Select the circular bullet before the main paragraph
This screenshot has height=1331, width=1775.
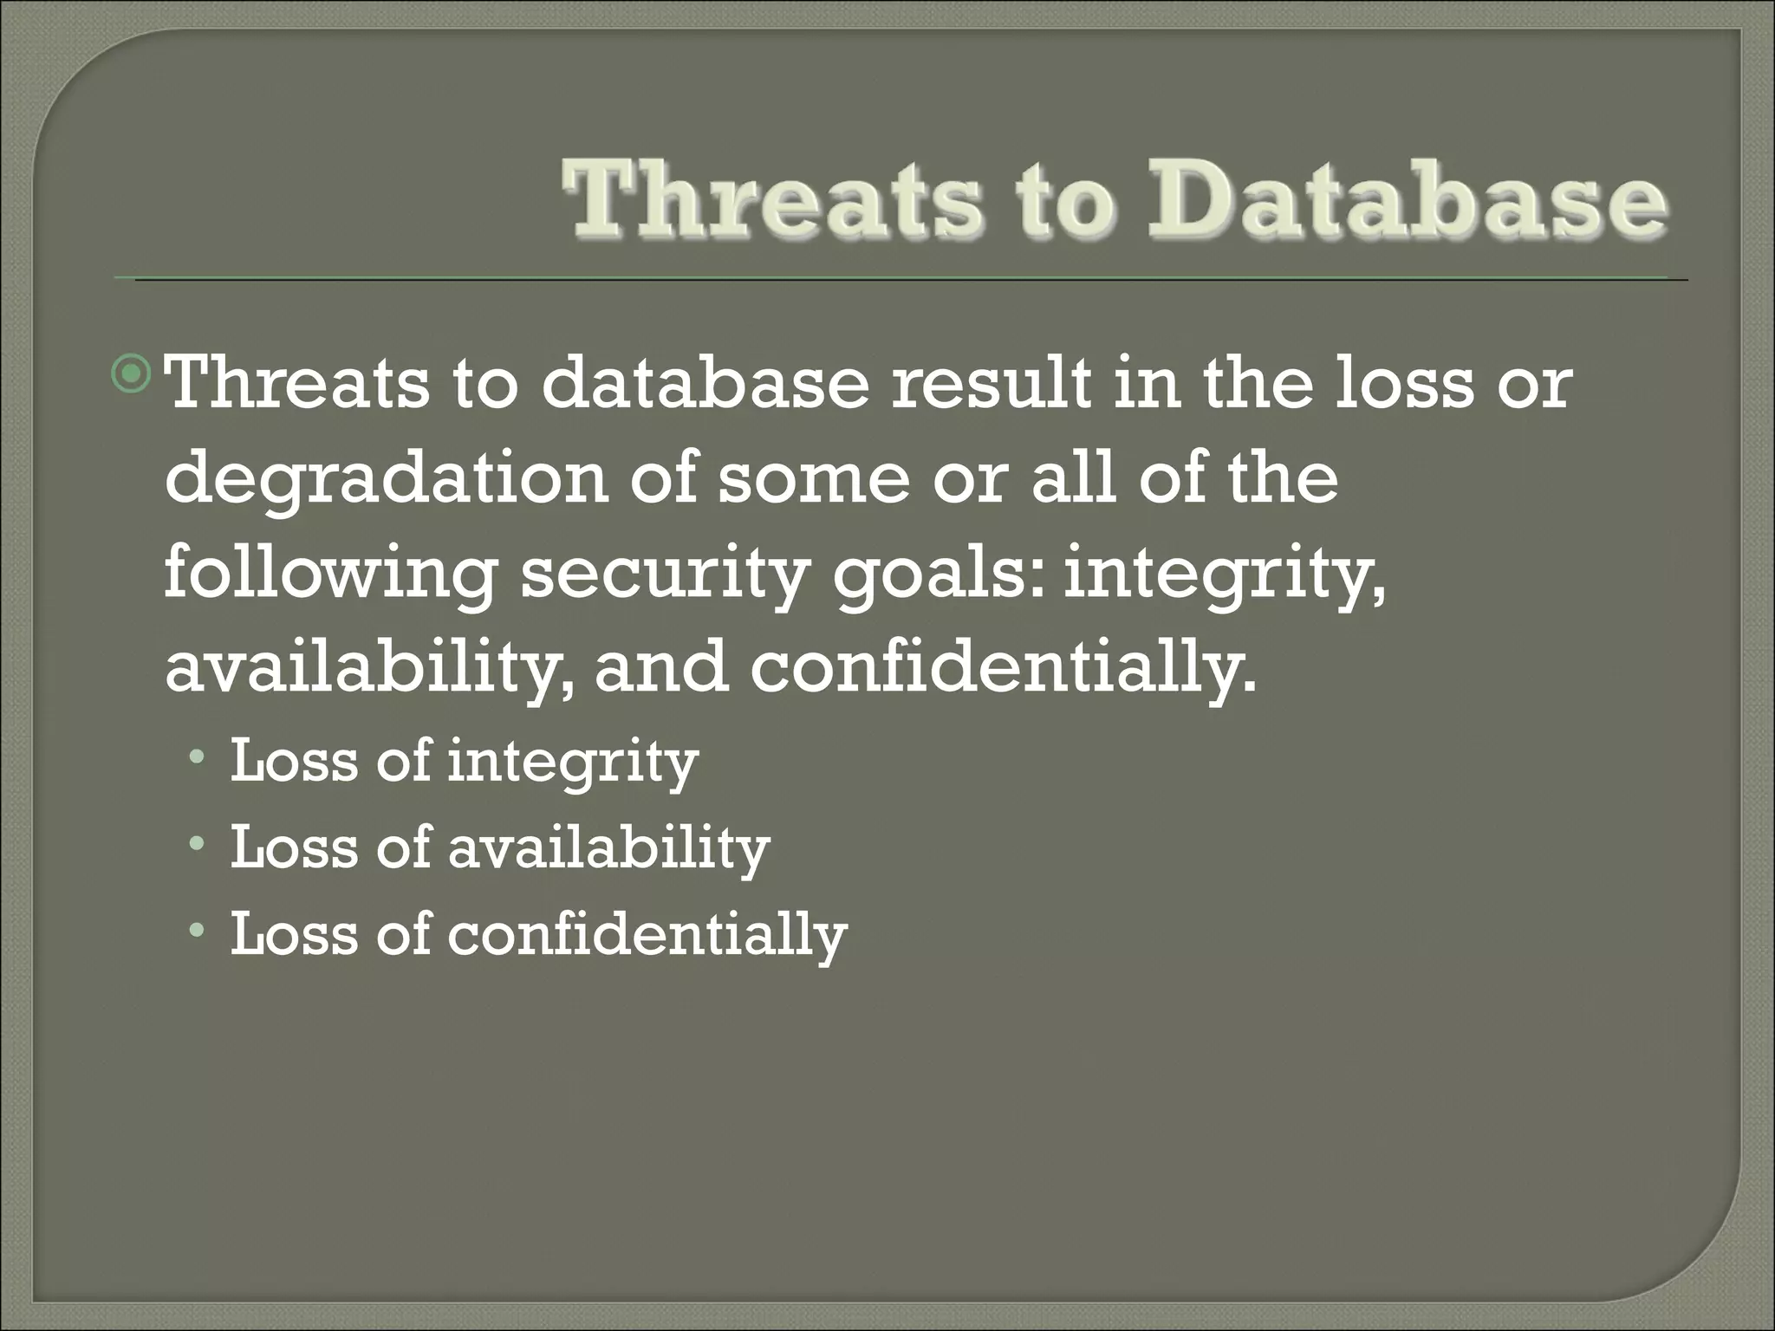[133, 375]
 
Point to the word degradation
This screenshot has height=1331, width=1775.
[387, 481]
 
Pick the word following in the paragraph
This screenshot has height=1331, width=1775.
[329, 575]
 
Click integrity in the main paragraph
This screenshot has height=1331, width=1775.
[1223, 575]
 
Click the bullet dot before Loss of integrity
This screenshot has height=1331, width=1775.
[198, 760]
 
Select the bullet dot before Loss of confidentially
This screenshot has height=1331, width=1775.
[198, 932]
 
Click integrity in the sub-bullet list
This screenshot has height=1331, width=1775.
[572, 763]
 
